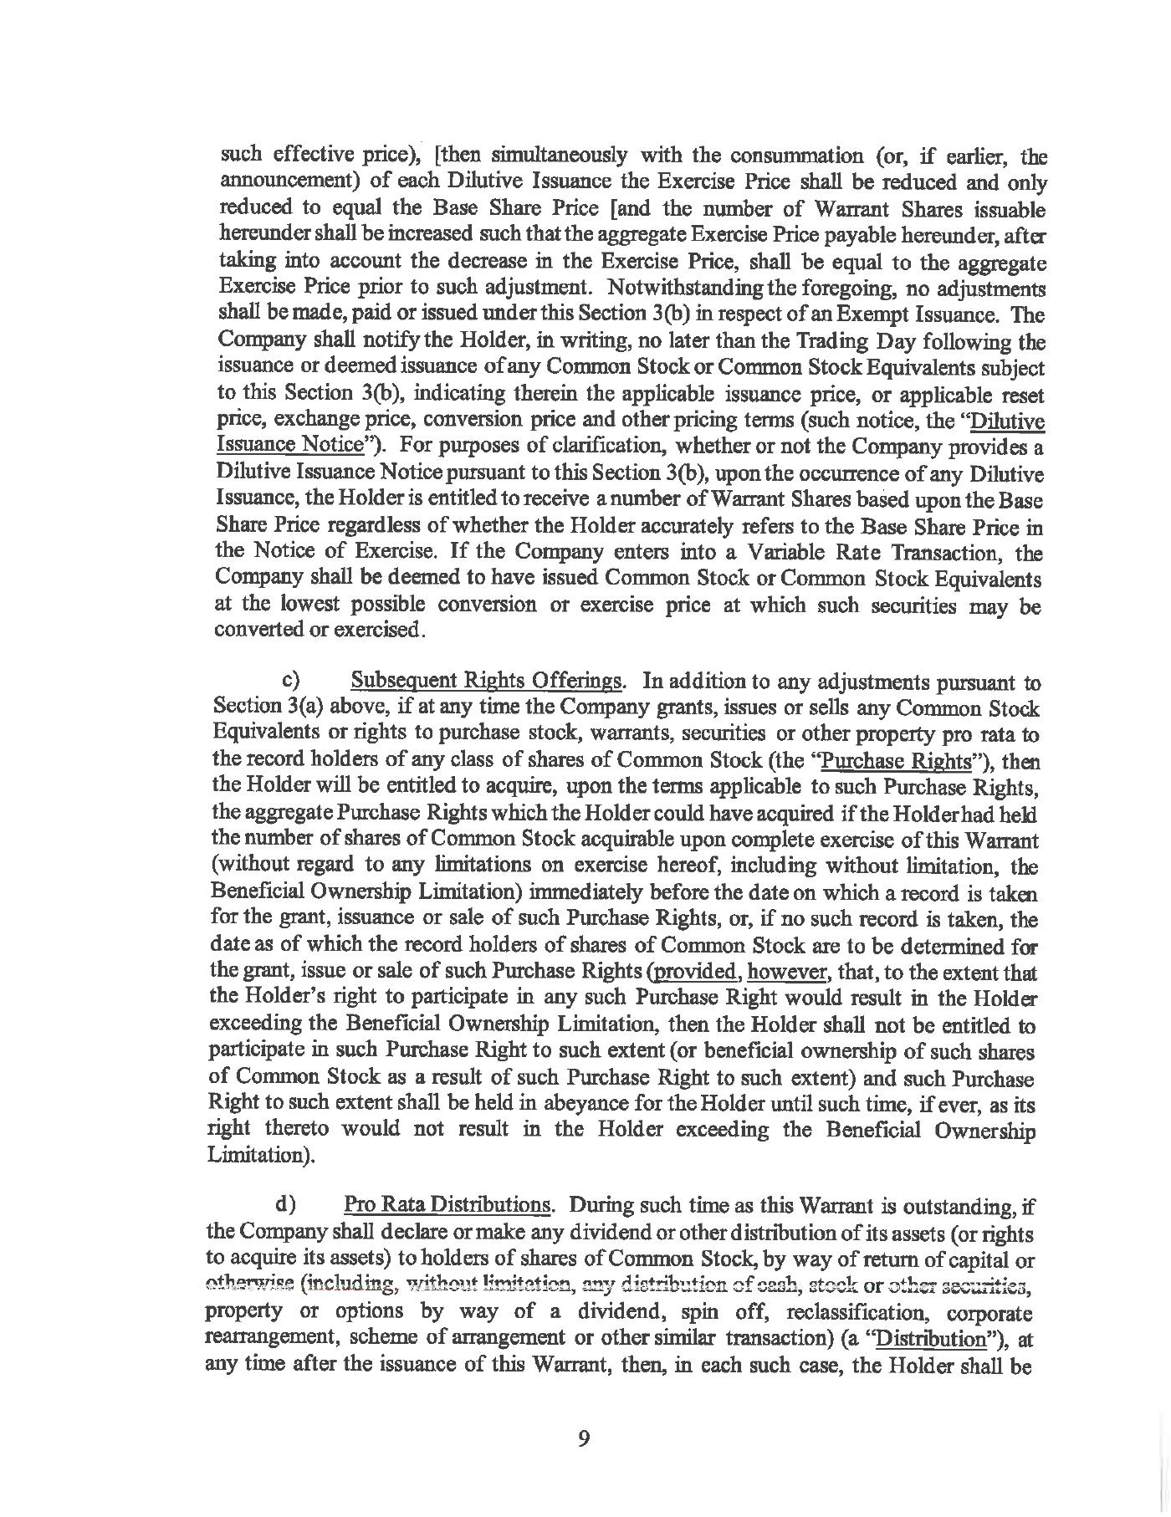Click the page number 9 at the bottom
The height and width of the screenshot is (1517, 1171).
pos(584,1438)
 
